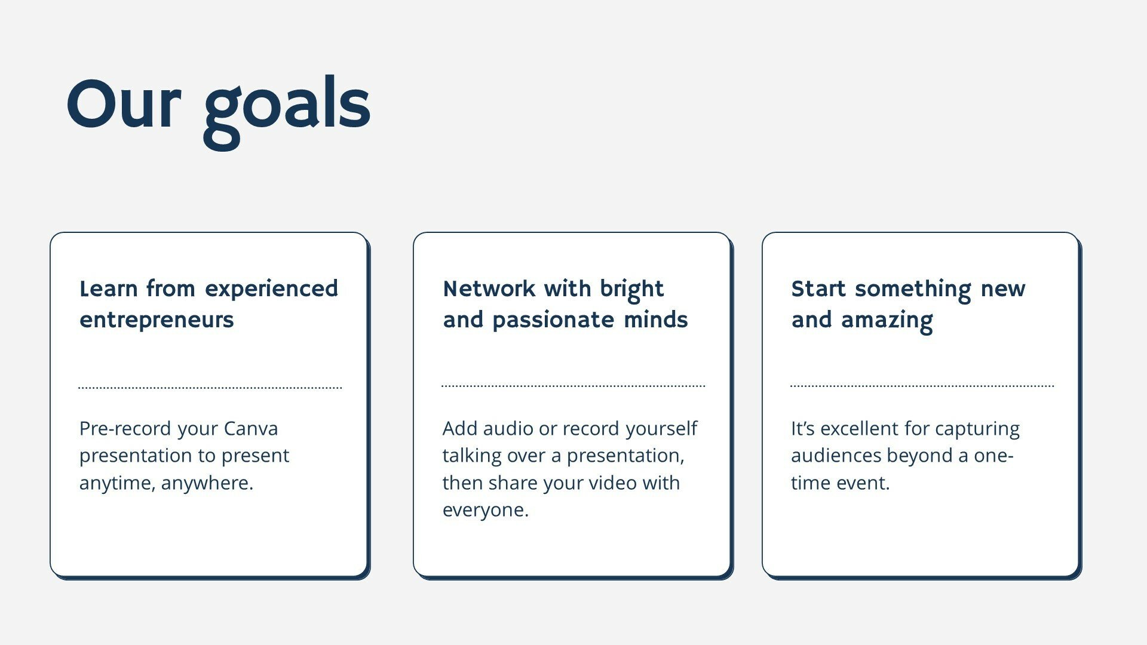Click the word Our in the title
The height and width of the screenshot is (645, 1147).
123,105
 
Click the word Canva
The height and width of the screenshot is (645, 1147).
251,429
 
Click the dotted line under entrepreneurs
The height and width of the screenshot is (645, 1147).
210,388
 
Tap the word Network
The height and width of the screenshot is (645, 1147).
489,288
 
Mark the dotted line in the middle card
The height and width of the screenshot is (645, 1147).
573,386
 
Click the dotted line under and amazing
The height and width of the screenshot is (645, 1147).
922,386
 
